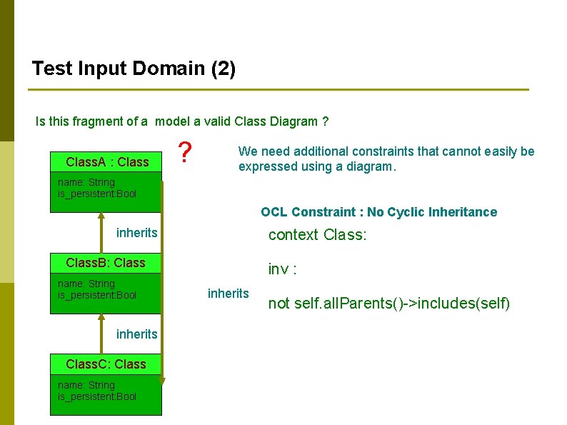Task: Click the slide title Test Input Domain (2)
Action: click(x=134, y=69)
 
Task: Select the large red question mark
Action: click(x=185, y=152)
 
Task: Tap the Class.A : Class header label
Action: click(x=107, y=162)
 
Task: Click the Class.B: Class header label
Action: click(x=105, y=263)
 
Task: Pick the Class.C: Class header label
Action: click(x=106, y=364)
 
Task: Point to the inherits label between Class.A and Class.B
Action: click(x=136, y=233)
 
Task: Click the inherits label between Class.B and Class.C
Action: click(x=136, y=334)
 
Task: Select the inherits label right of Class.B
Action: click(x=228, y=293)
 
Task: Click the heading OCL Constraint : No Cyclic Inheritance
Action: click(x=378, y=212)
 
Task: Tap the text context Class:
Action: click(x=317, y=235)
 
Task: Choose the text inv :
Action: click(x=282, y=269)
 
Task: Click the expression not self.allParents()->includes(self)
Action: click(x=388, y=304)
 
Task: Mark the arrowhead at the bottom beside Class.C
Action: click(x=163, y=381)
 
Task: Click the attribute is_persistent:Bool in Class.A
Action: click(x=96, y=194)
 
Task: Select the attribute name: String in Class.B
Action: click(x=86, y=284)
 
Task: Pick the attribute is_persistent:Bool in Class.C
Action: click(x=96, y=396)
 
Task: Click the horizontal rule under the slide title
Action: click(x=279, y=90)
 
